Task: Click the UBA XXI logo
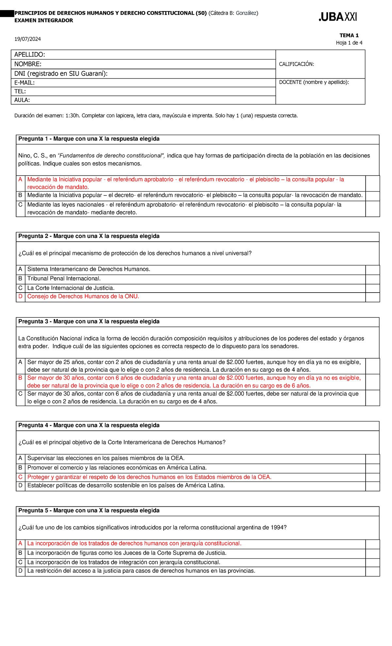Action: point(338,17)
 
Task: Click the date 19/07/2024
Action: point(27,39)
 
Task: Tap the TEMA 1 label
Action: point(349,35)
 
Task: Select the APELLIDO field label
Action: point(29,55)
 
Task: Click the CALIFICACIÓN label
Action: point(296,64)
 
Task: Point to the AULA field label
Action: point(22,100)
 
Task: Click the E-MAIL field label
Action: point(24,83)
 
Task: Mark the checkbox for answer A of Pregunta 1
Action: point(372,183)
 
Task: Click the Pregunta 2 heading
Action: point(89,236)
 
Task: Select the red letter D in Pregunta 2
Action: point(20,297)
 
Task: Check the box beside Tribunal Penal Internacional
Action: point(372,279)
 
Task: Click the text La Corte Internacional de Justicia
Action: point(71,288)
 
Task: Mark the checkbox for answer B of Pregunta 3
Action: point(372,382)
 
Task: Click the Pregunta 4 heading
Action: point(89,425)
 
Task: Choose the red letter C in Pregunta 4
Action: point(20,477)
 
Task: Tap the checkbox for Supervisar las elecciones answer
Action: point(372,459)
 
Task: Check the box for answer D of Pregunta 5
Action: point(372,571)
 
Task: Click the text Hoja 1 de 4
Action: point(349,43)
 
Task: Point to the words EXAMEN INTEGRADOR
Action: point(44,21)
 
